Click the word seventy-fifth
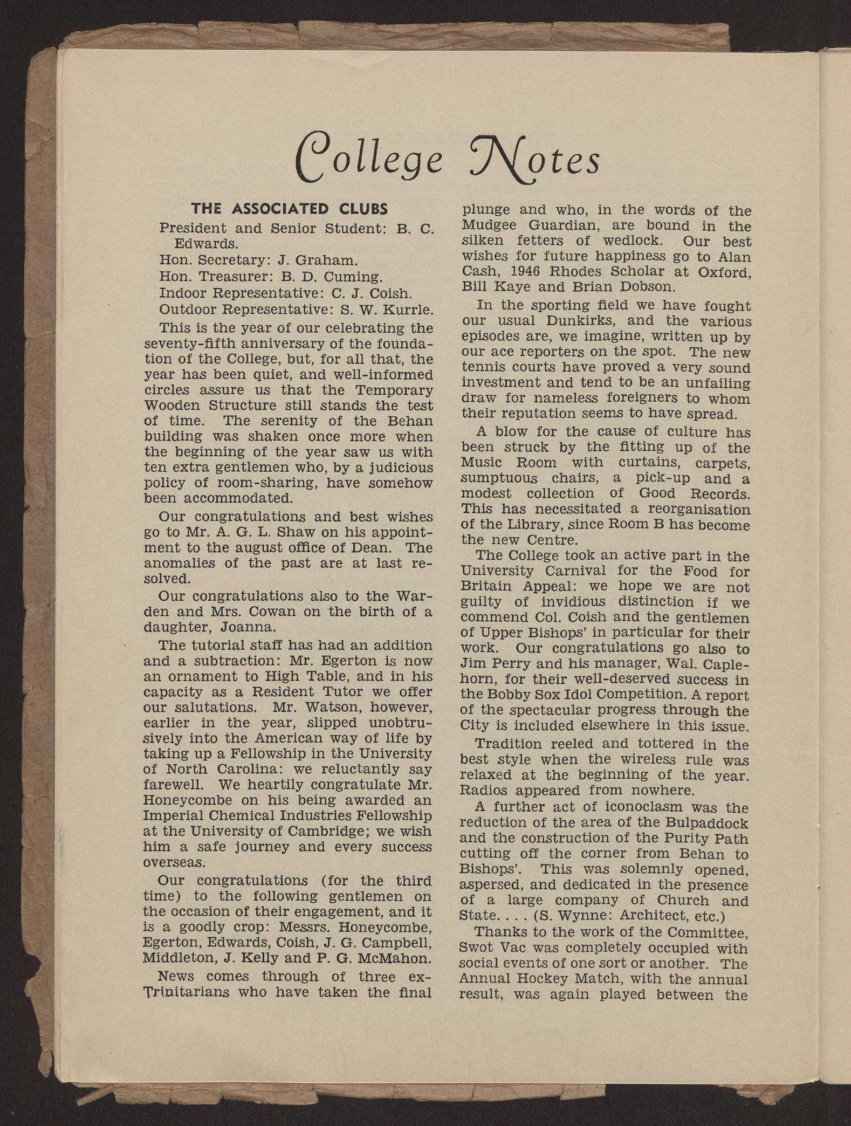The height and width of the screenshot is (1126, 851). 191,344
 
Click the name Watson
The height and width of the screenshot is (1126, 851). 320,707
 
